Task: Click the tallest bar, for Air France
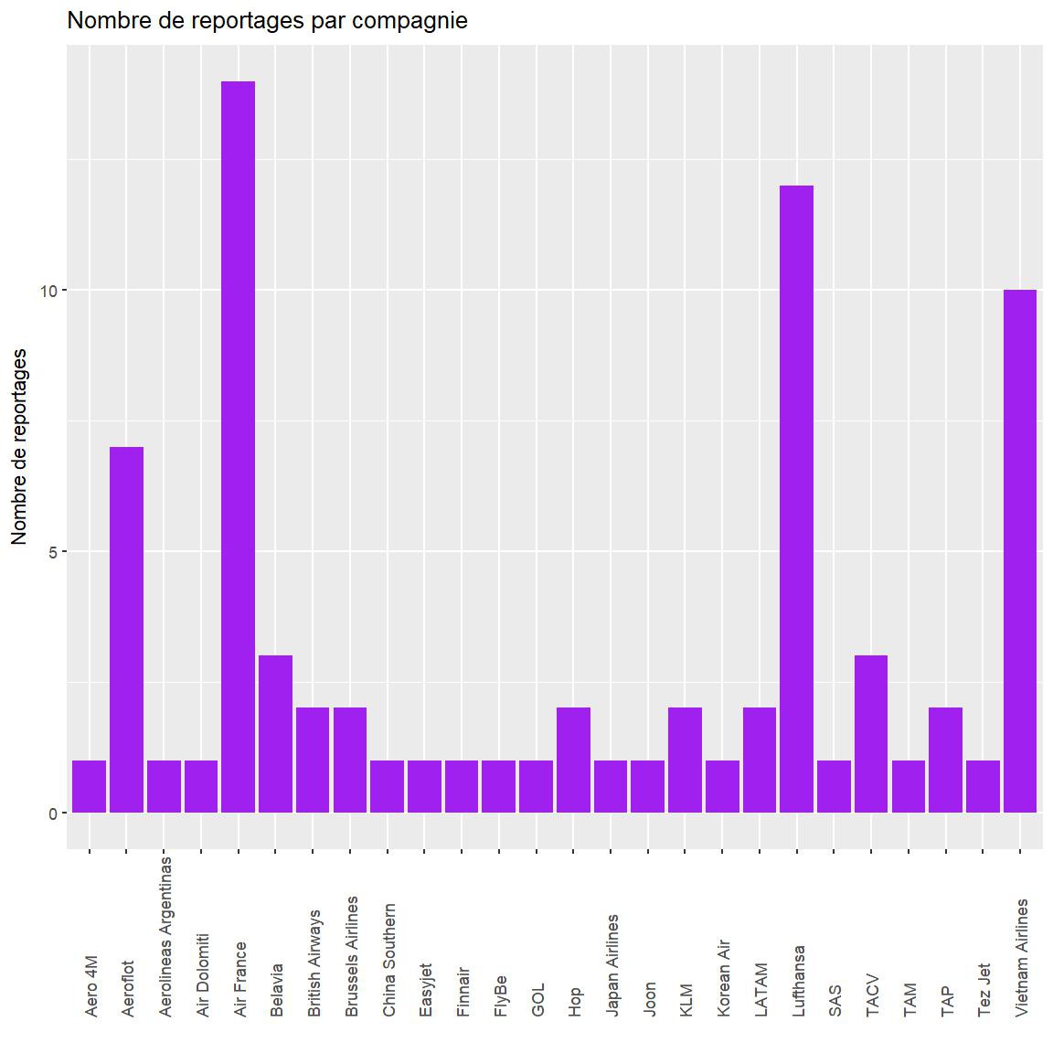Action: coord(239,447)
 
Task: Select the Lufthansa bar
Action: coord(797,499)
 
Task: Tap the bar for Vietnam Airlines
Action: coord(1020,551)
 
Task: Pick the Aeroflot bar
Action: coord(127,630)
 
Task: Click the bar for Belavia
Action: coord(276,734)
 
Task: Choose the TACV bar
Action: coord(871,734)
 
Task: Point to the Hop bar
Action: coord(574,760)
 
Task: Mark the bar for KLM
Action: coord(686,760)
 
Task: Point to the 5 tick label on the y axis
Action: coord(52,552)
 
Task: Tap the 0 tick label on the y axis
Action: coord(52,814)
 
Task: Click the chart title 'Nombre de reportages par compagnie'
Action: coord(268,20)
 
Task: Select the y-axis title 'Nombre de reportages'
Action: coord(19,447)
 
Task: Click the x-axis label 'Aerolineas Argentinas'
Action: coord(165,936)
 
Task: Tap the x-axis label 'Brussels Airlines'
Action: coord(351,956)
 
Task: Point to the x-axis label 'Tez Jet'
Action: coord(984,990)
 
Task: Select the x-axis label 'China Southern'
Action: coord(388,961)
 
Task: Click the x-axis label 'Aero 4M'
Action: coord(90,986)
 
